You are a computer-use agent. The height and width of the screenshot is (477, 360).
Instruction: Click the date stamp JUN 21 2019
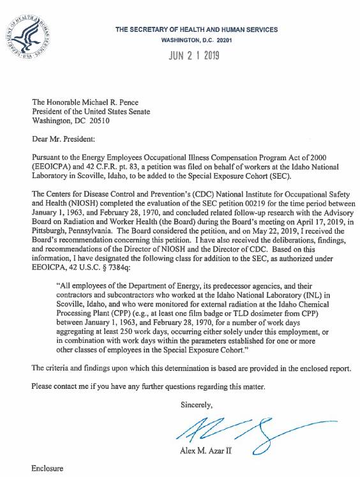pyautogui.click(x=193, y=55)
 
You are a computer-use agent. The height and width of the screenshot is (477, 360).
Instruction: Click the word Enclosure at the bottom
pyautogui.click(x=48, y=469)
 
